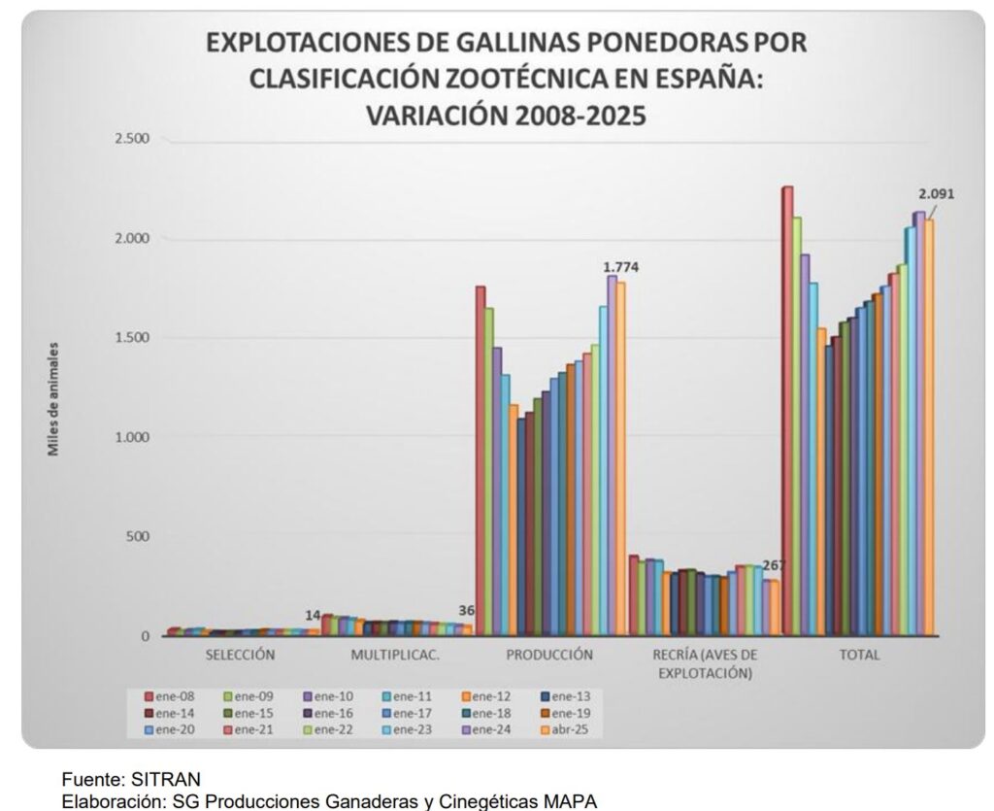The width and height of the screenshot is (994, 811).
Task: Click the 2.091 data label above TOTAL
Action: (x=939, y=193)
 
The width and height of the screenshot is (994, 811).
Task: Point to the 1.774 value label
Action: (x=621, y=267)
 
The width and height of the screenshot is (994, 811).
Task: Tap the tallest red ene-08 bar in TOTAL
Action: (x=787, y=408)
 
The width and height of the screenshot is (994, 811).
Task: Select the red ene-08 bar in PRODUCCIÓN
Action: (x=480, y=456)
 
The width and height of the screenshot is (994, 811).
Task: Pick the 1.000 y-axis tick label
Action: (x=130, y=437)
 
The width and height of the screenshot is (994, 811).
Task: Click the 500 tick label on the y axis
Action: (x=137, y=537)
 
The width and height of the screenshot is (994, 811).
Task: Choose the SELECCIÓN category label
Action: (x=240, y=655)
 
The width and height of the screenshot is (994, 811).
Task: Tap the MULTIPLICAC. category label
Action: (x=395, y=655)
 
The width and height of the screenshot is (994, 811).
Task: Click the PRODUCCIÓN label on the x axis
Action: (x=549, y=655)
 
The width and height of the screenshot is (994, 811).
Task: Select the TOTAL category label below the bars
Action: (x=859, y=655)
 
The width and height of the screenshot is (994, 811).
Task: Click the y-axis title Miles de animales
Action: (x=55, y=398)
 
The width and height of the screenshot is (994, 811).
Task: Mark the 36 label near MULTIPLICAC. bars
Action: (x=466, y=611)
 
